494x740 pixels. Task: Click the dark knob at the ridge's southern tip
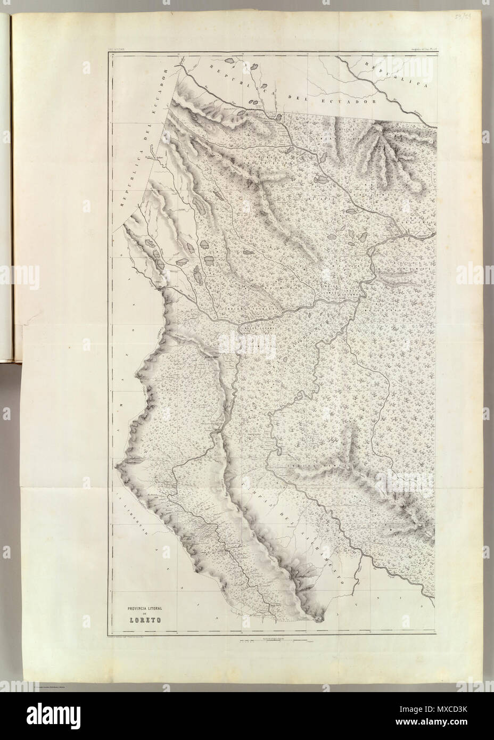pyautogui.click(x=319, y=618)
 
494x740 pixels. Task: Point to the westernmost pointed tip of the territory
pyautogui.click(x=116, y=467)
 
